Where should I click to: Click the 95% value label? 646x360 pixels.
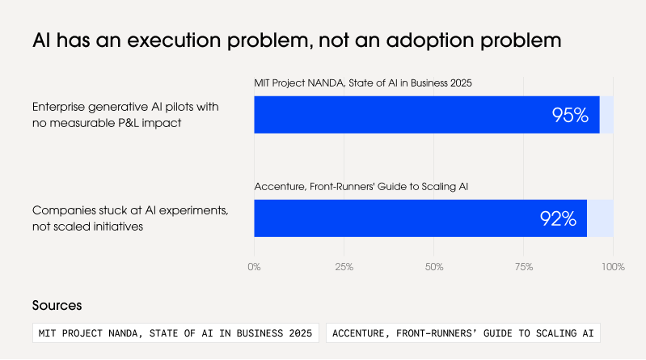[x=570, y=115]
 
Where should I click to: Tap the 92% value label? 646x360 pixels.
[x=558, y=218]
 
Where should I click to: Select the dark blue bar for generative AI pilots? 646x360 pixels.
[x=427, y=115]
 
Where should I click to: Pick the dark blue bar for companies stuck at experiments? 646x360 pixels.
[x=420, y=218]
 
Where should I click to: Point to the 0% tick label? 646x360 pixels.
[x=254, y=267]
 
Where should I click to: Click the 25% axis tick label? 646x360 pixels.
[x=344, y=267]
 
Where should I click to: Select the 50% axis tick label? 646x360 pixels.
[x=434, y=267]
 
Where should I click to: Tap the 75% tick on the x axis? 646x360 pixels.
[x=524, y=267]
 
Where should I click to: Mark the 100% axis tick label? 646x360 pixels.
[x=613, y=267]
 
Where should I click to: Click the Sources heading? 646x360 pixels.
[x=57, y=306]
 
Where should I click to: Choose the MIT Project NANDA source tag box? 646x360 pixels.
[x=175, y=332]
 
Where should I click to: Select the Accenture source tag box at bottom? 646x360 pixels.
[x=463, y=332]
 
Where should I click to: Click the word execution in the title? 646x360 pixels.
[x=174, y=40]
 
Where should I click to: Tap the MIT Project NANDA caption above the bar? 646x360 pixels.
[x=363, y=83]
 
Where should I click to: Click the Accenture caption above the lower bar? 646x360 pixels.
[x=361, y=186]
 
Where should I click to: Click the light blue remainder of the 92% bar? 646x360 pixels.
[x=600, y=218]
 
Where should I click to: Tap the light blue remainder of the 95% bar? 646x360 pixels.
[x=606, y=115]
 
